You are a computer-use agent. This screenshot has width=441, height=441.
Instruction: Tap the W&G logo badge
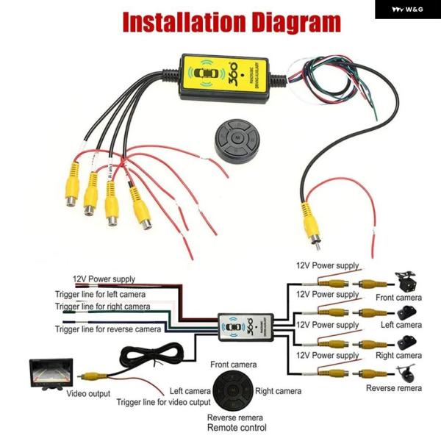click(407, 10)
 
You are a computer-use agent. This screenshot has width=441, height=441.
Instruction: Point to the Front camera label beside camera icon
click(398, 298)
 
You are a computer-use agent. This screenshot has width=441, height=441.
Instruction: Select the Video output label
click(88, 394)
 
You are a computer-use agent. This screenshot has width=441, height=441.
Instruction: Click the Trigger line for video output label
click(162, 402)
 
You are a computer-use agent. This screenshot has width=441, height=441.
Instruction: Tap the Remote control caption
click(237, 428)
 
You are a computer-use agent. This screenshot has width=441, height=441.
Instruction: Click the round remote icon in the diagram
click(233, 389)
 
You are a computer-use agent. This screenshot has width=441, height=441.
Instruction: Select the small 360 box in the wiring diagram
click(245, 326)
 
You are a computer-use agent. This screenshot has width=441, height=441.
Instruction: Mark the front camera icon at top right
click(406, 280)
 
